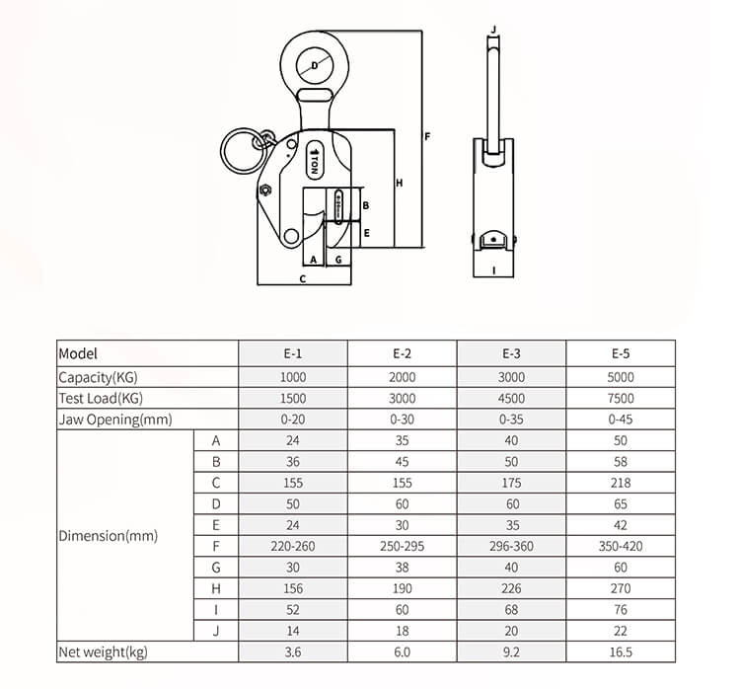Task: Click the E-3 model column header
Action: (512, 353)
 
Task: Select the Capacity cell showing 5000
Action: (622, 376)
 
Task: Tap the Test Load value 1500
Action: (293, 398)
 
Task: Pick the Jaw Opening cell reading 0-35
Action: (512, 420)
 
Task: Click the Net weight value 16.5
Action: (622, 651)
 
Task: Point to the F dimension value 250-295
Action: (402, 546)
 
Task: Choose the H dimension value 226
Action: (512, 588)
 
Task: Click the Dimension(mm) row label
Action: (108, 536)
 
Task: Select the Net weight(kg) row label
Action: (104, 651)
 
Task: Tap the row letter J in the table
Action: (216, 631)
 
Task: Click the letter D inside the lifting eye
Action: (315, 66)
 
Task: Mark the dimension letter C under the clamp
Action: (303, 279)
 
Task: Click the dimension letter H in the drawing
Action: (399, 183)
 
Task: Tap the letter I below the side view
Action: (491, 268)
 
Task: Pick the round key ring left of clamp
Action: (241, 152)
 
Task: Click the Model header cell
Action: (79, 353)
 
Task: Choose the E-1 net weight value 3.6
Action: (293, 651)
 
